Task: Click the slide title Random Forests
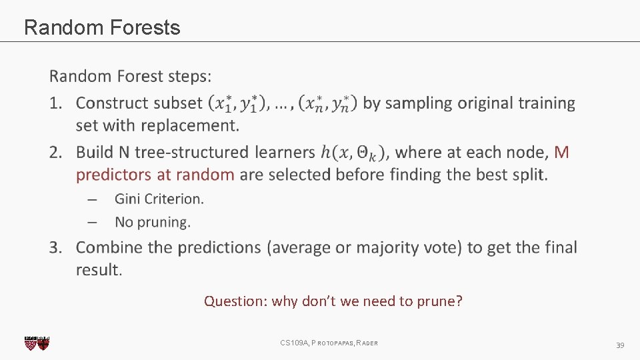click(x=102, y=27)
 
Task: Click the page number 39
click(x=619, y=345)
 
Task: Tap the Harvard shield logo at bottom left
click(x=37, y=343)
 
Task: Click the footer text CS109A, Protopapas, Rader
click(x=329, y=343)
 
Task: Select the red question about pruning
click(x=333, y=301)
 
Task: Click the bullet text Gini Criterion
click(x=159, y=199)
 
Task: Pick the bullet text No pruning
click(x=153, y=222)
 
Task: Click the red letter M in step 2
click(x=561, y=153)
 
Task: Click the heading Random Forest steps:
click(x=131, y=76)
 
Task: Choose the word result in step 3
click(x=99, y=270)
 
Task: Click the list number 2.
click(x=55, y=153)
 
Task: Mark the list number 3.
click(x=55, y=247)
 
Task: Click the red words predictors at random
click(x=155, y=175)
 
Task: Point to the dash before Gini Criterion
click(x=93, y=199)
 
